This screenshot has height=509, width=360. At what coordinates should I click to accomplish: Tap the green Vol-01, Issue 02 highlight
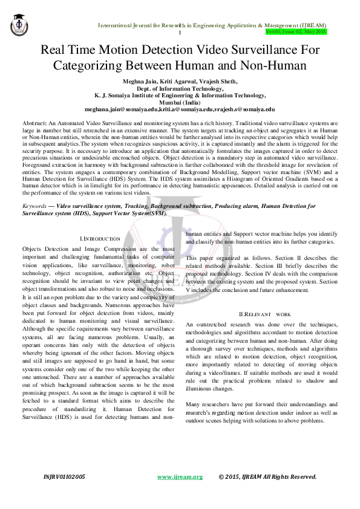coord(296,31)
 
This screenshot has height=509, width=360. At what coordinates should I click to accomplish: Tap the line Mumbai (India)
coord(180,103)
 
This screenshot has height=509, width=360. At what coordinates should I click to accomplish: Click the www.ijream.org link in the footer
coord(180,477)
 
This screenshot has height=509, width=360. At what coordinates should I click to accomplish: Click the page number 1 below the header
coord(180,33)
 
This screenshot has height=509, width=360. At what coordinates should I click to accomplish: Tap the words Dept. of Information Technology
coord(180,88)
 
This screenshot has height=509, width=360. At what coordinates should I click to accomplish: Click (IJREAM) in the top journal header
coord(310,25)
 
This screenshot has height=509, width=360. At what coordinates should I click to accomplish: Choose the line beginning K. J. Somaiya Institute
coord(180,96)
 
